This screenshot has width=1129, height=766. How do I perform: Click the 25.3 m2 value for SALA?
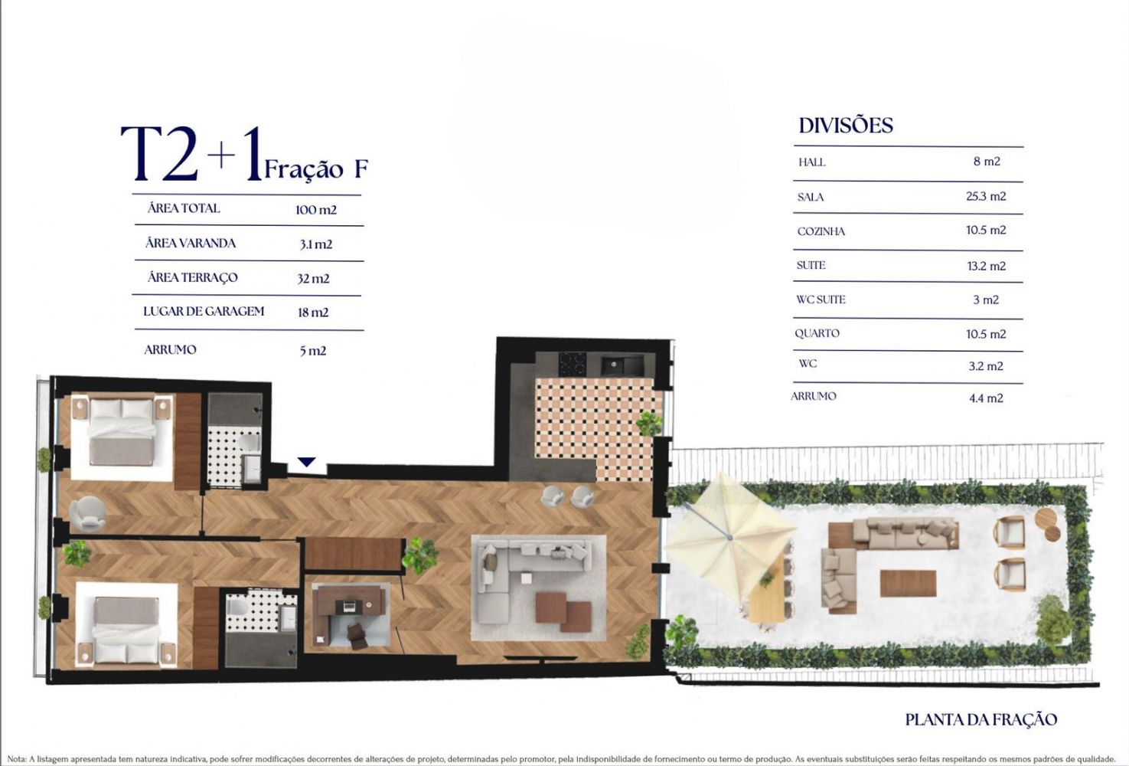pos(986,196)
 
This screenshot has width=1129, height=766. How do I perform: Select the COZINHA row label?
pos(821,231)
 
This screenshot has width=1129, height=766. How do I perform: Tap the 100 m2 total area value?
pos(316,210)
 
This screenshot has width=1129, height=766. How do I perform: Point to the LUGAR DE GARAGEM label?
pos(204,311)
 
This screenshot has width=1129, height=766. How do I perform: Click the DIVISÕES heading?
pos(846,126)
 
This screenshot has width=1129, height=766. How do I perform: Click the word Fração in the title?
pos(304,169)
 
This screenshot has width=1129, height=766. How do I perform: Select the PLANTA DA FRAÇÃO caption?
pos(981,719)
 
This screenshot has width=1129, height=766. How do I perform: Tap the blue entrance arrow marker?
pos(306,461)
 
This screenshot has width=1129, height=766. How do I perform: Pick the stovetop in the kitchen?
pos(572,364)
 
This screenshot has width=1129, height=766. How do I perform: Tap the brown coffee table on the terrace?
pos(909,583)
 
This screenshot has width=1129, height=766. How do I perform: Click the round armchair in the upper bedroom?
pos(88,513)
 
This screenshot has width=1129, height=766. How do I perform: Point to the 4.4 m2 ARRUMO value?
pos(986,398)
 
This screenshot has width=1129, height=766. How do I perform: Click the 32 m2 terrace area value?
pos(313,278)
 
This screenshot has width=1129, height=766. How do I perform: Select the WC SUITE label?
pos(821,300)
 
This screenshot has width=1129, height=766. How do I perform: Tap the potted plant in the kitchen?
pos(648,423)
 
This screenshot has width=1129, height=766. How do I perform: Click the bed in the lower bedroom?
pos(126,630)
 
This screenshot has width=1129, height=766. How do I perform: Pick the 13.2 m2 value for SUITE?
pos(987,267)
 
